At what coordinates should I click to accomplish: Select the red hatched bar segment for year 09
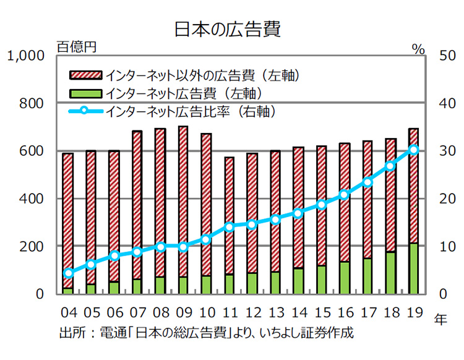[x=183, y=201]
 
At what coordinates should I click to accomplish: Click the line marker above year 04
[x=69, y=273]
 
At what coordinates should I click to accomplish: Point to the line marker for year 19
[x=414, y=149]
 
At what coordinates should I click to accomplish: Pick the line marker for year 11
[x=230, y=226]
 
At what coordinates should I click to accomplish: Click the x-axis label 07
[x=137, y=312]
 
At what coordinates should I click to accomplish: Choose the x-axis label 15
[x=321, y=312]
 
